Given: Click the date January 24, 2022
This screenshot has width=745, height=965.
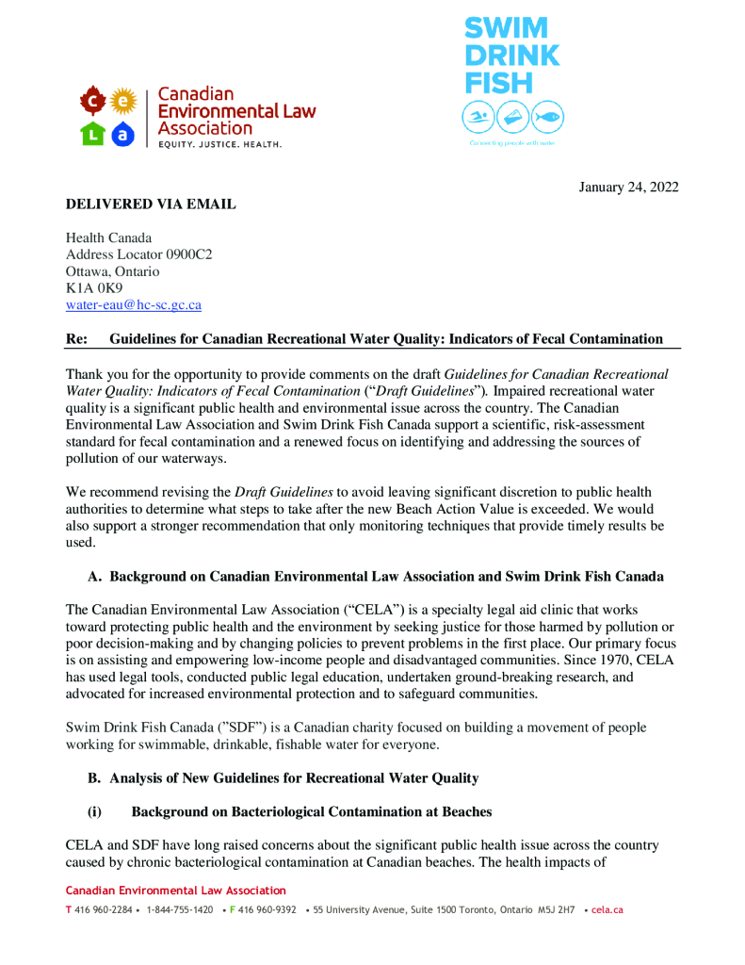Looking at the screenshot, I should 628,187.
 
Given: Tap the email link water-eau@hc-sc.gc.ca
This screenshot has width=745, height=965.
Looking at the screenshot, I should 133,305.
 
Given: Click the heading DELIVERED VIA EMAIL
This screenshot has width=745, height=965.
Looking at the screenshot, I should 151,204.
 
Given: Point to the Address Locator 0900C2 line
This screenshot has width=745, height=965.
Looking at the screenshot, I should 138,254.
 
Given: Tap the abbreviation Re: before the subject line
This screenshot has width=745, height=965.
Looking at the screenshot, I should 76,339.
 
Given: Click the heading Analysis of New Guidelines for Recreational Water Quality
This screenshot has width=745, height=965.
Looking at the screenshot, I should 294,778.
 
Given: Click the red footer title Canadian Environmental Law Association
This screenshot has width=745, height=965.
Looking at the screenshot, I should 175,891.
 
